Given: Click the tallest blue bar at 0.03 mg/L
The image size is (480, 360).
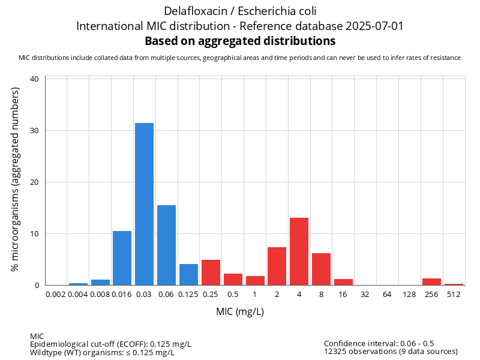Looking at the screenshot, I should [144, 204].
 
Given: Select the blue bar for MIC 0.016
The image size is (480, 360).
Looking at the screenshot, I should [122, 258].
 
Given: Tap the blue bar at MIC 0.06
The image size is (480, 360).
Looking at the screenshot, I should [166, 245].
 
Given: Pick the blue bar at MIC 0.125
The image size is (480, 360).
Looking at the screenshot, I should [188, 275].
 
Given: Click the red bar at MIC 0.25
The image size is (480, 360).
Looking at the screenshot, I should [211, 272].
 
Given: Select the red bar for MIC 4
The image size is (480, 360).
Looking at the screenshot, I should [299, 251].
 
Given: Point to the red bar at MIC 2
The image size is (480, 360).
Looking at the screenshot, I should [277, 266].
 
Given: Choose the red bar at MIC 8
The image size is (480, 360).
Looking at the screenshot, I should [321, 269].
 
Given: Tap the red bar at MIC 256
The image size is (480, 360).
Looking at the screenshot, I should [431, 282].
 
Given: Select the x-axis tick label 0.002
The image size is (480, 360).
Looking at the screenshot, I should [56, 294].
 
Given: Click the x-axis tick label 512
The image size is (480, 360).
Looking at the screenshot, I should [454, 294].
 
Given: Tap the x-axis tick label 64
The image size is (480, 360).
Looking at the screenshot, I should [387, 294].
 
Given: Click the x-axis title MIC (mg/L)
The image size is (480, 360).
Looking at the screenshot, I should [240, 312].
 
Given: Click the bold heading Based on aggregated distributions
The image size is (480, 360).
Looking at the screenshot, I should [240, 41].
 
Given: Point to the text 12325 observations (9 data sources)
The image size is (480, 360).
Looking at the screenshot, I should [391, 352].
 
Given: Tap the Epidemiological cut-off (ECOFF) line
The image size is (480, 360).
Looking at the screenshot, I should [110, 344].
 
